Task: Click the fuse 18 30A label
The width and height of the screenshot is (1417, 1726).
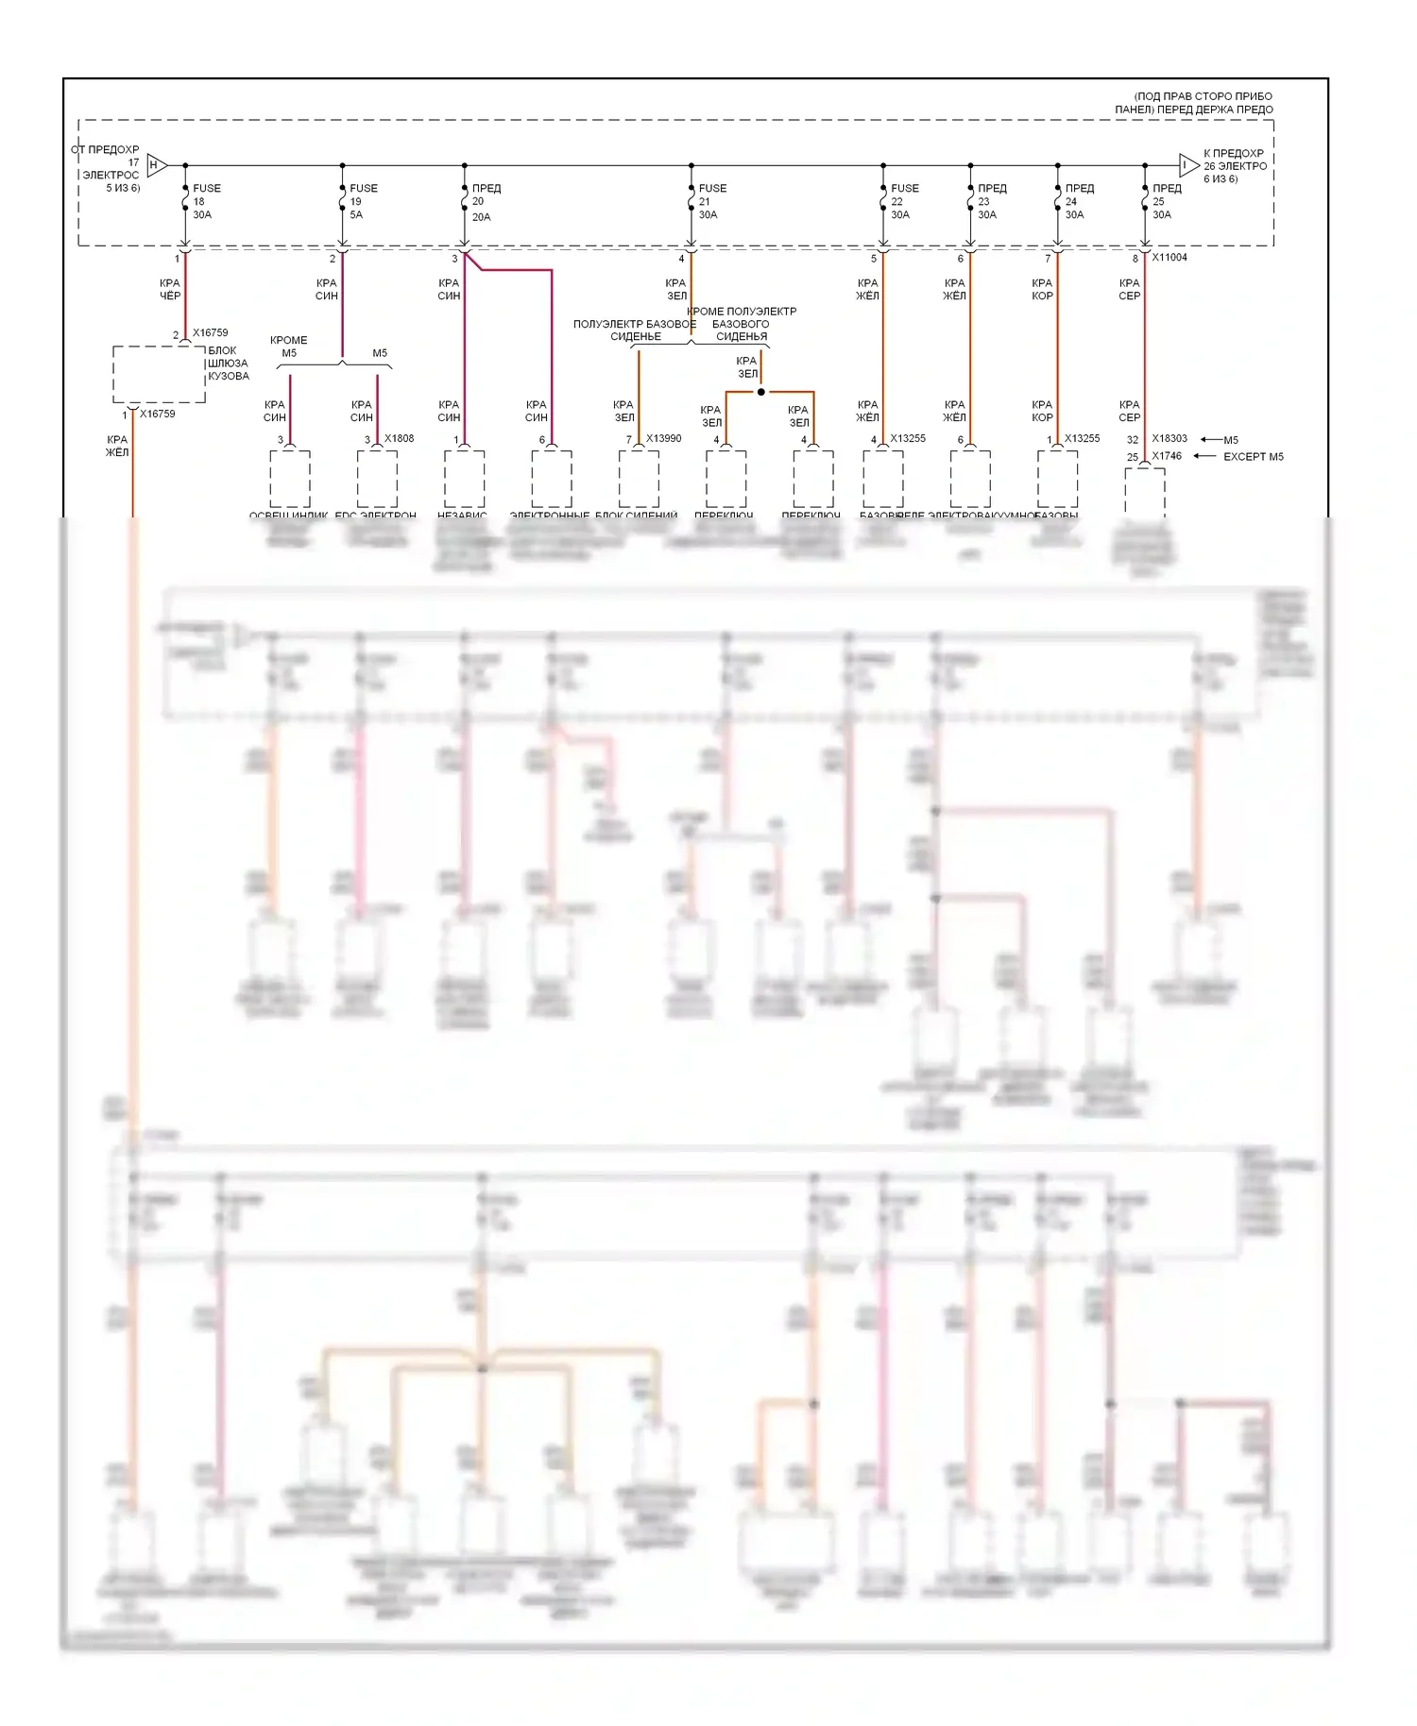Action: [x=206, y=201]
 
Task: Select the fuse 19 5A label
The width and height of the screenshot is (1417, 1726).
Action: [x=363, y=201]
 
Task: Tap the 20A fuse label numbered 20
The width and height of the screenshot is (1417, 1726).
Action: [x=485, y=202]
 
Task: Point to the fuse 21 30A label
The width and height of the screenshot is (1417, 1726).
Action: [x=711, y=201]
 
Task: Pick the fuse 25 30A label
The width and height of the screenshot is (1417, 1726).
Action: [x=1166, y=201]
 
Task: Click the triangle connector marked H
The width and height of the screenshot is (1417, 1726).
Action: [x=157, y=165]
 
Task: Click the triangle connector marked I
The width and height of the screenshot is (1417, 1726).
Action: [x=1188, y=165]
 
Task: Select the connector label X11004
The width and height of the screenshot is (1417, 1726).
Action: [x=1169, y=257]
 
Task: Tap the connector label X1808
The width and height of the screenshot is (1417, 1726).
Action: [x=399, y=438]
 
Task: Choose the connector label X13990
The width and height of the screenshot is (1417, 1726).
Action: [x=663, y=438]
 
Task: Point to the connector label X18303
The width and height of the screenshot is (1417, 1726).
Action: [x=1169, y=439]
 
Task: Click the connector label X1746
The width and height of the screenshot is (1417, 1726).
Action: [x=1167, y=456]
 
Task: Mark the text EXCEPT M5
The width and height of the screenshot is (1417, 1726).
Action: [x=1253, y=457]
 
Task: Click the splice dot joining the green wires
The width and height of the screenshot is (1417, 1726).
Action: [x=760, y=392]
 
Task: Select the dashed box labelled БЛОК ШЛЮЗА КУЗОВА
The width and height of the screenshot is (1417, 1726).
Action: [x=159, y=374]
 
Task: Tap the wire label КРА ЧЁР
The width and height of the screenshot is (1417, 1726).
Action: [x=169, y=289]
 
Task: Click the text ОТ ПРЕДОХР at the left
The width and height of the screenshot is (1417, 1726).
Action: [x=105, y=149]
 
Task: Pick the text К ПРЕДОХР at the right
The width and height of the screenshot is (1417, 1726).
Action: [x=1233, y=153]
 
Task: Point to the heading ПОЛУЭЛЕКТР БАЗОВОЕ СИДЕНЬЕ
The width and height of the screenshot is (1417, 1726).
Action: [x=635, y=330]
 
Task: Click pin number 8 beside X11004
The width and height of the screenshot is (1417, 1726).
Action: [x=1135, y=258]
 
